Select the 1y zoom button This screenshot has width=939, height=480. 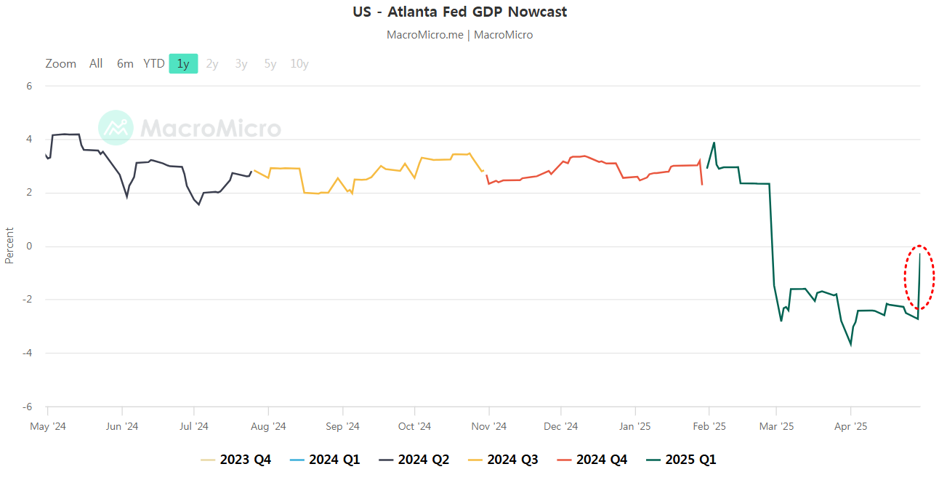[183, 64]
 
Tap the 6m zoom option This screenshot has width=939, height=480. [125, 64]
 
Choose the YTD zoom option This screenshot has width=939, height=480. [153, 64]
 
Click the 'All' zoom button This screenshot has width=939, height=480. [96, 64]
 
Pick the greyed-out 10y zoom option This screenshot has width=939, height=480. [299, 64]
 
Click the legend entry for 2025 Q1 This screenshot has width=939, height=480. [682, 460]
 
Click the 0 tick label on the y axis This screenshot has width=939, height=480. [30, 247]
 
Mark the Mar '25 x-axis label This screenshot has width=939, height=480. [776, 427]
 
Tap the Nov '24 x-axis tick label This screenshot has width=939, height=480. [489, 427]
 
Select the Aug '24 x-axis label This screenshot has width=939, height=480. [268, 427]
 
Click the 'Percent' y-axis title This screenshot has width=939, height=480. [9, 246]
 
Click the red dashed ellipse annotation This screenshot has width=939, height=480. [919, 277]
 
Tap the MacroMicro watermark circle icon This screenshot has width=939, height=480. [116, 128]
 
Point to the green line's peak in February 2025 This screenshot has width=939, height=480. [714, 143]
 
